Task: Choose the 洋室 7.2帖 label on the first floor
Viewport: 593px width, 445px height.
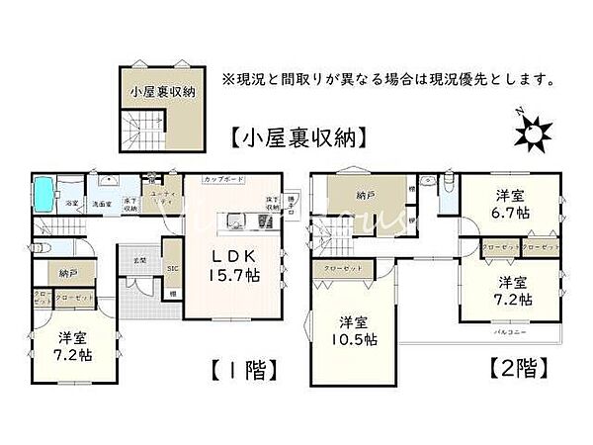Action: [x=74, y=342]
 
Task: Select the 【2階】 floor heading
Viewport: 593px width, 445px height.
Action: [x=518, y=370]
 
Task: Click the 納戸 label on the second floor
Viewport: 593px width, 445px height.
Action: [x=365, y=196]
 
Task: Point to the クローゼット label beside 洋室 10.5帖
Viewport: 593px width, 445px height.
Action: [x=341, y=269]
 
